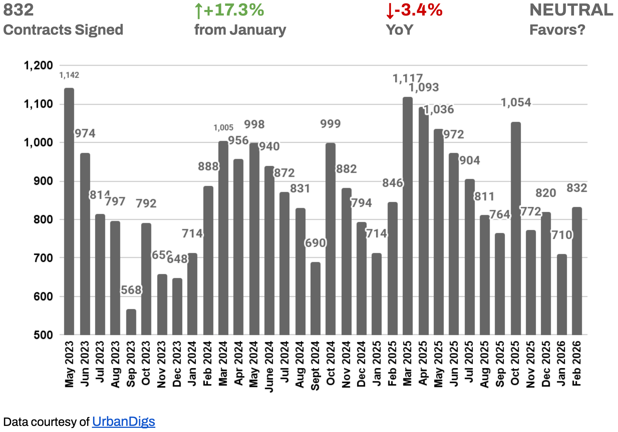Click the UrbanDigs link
tap(123, 421)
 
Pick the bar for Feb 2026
tap(577, 271)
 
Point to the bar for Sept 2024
tap(315, 298)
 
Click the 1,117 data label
tap(407, 78)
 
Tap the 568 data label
tap(131, 290)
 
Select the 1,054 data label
tap(516, 103)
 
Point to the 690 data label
tap(315, 243)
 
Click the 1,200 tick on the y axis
tap(38, 65)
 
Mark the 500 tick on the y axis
tap(43, 335)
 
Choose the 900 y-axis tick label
tap(43, 181)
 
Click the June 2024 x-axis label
tap(269, 367)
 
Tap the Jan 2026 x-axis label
tap(561, 363)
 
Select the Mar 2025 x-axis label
tap(407, 363)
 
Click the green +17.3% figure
tap(229, 10)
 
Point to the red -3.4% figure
tap(414, 10)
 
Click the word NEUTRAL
tap(571, 10)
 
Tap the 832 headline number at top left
tap(18, 10)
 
